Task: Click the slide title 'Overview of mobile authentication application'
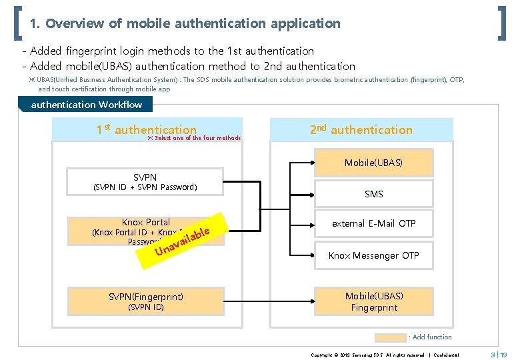pos(185,24)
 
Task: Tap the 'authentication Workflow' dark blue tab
pos(86,105)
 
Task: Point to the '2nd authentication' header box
pos(361,130)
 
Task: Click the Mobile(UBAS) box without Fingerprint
pos(373,163)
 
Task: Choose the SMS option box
pos(373,194)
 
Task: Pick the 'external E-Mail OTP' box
pos(373,224)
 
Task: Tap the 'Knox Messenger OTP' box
pos(373,255)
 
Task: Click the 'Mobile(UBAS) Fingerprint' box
pos(373,301)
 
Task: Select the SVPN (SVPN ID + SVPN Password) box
pos(145,182)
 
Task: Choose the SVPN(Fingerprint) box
pos(145,301)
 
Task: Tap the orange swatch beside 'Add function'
pos(390,337)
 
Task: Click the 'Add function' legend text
pos(431,337)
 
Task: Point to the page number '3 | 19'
pos(499,354)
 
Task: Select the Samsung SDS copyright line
pos(385,355)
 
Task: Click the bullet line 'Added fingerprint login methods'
pos(172,51)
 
